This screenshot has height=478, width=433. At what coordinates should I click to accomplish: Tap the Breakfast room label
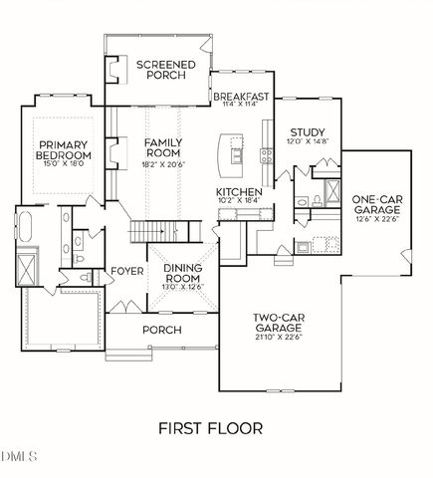point(241,96)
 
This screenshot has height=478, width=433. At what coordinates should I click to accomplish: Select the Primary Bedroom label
point(65,149)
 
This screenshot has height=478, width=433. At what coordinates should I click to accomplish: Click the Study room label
point(306,131)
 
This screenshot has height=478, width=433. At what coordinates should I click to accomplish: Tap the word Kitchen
point(239,190)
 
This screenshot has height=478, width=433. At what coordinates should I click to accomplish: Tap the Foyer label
point(126,271)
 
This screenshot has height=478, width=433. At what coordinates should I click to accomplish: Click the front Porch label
point(162,330)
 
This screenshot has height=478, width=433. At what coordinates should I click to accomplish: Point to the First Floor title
point(210,429)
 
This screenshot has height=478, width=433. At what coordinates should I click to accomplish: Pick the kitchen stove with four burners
point(268,154)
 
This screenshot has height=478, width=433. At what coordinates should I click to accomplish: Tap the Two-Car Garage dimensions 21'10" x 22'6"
point(277,336)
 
